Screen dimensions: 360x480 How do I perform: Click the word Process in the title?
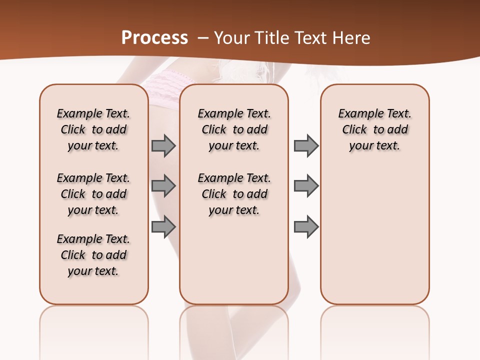tap(154, 38)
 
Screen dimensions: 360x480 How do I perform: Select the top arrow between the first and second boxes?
tap(163, 145)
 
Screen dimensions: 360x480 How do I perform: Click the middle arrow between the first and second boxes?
tap(163, 186)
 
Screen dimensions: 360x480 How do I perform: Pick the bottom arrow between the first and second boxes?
tap(163, 226)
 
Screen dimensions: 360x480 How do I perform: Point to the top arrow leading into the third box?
tap(306, 145)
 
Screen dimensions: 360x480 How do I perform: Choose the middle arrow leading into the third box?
tap(306, 186)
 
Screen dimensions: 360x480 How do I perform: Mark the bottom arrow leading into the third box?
tap(306, 226)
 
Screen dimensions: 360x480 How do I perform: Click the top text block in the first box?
tap(93, 129)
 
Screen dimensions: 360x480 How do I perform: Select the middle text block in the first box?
tap(93, 194)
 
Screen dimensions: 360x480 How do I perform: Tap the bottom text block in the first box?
tap(93, 255)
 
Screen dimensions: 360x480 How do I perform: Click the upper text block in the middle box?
tap(234, 129)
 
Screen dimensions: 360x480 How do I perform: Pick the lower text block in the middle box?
tap(234, 194)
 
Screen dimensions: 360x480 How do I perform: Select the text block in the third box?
tap(375, 129)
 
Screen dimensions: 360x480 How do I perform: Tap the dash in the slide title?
tap(203, 38)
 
